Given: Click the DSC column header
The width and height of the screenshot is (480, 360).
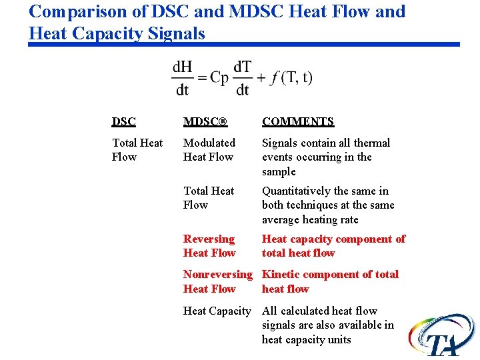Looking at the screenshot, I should pyautogui.click(x=124, y=121).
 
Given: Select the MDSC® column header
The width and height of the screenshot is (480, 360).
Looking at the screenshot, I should pyautogui.click(x=205, y=121).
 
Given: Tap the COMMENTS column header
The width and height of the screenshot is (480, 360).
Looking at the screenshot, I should pyautogui.click(x=298, y=121).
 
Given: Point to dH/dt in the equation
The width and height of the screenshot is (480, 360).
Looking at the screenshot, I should pyautogui.click(x=181, y=78).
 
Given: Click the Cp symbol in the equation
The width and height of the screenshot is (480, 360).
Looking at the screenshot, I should pyautogui.click(x=219, y=77).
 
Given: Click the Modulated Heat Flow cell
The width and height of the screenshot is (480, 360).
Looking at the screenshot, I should pyautogui.click(x=209, y=150).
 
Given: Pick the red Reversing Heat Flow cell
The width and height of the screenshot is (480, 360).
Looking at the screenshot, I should pyautogui.click(x=209, y=246).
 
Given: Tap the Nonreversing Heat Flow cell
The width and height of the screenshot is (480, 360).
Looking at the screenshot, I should pyautogui.click(x=218, y=281).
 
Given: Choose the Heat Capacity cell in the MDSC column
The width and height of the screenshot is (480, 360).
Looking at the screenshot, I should pyautogui.click(x=217, y=311).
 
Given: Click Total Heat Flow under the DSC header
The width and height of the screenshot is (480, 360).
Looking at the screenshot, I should pyautogui.click(x=137, y=150).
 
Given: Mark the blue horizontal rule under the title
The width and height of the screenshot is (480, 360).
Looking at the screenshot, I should pyautogui.click(x=243, y=45).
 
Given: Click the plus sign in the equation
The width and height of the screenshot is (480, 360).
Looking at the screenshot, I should pyautogui.click(x=260, y=78).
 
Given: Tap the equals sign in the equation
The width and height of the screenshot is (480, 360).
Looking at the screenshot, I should pyautogui.click(x=201, y=78).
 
